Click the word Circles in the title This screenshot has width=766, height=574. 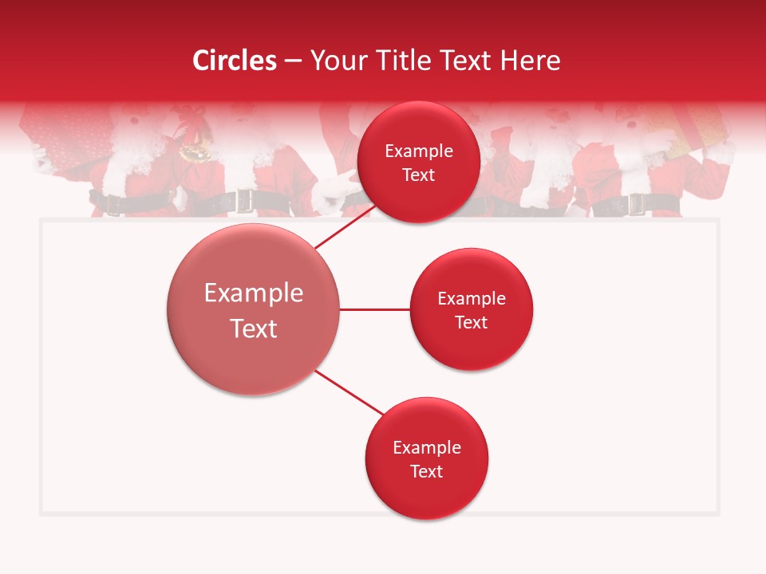(x=234, y=61)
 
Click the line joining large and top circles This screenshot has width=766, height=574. (x=346, y=227)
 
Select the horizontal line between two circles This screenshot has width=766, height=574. (x=375, y=309)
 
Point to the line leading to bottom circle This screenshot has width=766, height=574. (x=349, y=393)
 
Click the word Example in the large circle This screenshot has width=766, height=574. (x=254, y=293)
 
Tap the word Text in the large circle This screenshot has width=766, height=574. (x=254, y=328)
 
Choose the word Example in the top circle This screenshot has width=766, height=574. (x=419, y=151)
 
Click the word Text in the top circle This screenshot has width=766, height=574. (x=419, y=175)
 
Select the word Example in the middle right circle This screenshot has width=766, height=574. (x=472, y=299)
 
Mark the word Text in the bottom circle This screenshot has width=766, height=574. (x=427, y=471)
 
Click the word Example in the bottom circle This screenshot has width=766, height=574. (x=427, y=448)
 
